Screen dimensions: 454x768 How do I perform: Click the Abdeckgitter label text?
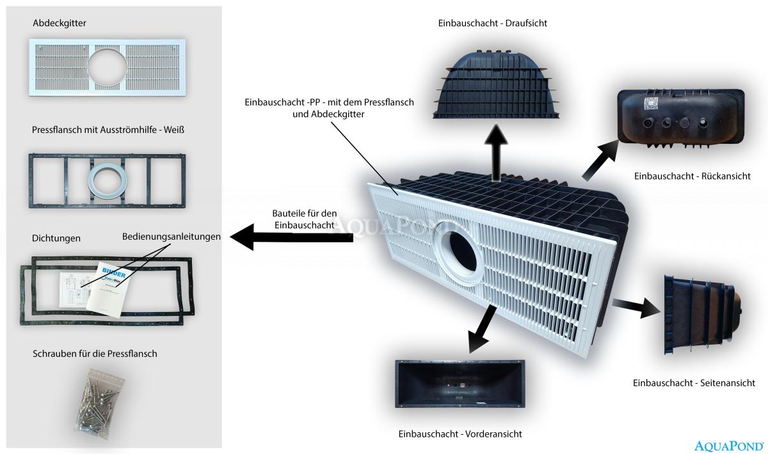point(60,24)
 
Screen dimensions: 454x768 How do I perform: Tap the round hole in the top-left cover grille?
point(107,65)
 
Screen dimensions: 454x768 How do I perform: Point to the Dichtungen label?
point(56,239)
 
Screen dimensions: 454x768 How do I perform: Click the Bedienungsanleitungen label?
point(172,237)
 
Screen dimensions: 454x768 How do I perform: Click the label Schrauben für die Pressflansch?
point(95,354)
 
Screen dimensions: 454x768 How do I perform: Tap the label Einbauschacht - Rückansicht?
point(692,176)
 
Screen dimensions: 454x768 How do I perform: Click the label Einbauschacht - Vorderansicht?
point(460,434)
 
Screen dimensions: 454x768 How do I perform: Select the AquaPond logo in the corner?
point(728,445)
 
